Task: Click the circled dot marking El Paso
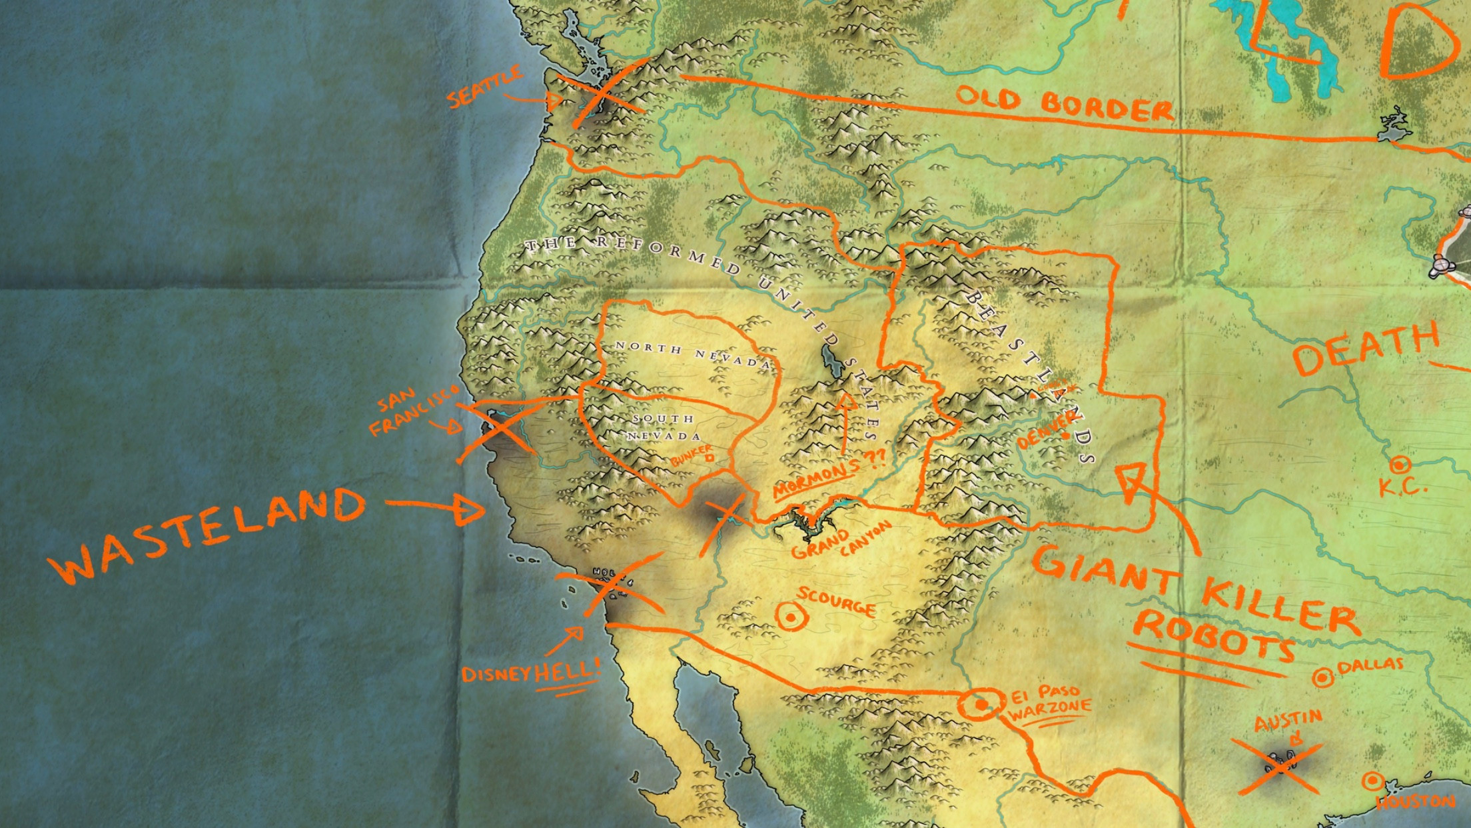pos(981,704)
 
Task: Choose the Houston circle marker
pos(1372,781)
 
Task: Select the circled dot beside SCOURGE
pos(791,617)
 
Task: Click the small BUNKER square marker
pos(709,457)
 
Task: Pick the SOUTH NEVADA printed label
pos(664,427)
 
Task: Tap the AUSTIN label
pos(1279,721)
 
